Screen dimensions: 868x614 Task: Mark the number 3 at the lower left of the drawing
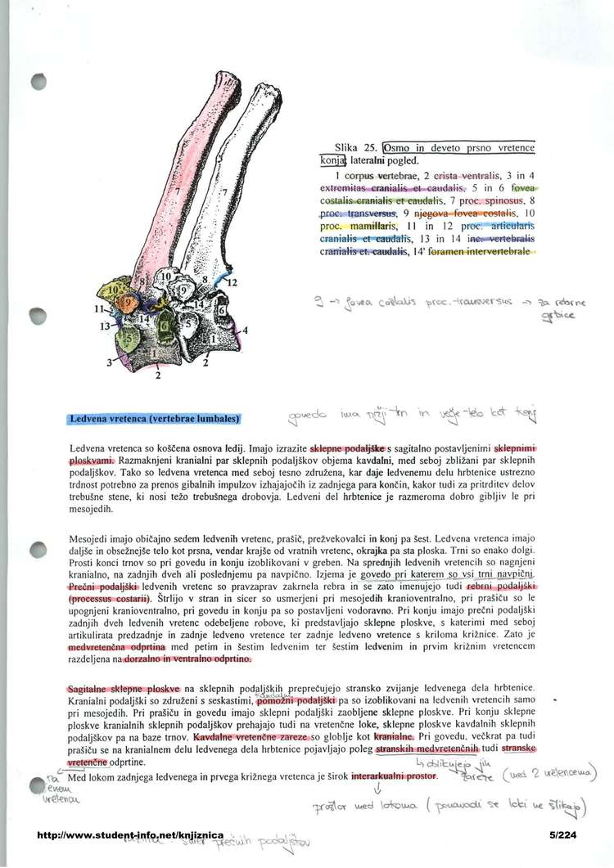point(109,361)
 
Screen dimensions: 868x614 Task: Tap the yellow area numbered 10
point(114,290)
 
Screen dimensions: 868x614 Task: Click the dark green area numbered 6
point(163,326)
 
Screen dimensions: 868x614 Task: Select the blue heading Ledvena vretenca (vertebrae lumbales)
point(153,419)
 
